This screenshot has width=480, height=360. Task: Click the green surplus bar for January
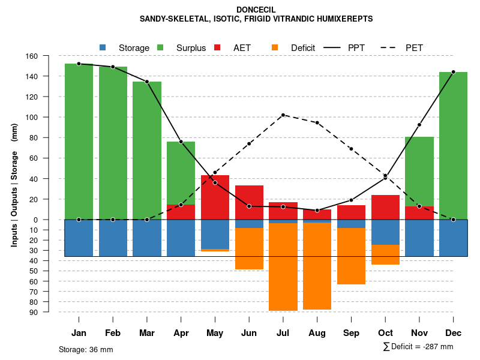click(79, 142)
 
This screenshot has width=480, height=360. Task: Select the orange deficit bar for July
click(283, 267)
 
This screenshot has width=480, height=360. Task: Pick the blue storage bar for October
click(385, 232)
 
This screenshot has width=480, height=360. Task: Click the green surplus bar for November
click(419, 172)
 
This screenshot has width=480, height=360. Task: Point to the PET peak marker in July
click(283, 115)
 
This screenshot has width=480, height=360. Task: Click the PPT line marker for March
click(147, 82)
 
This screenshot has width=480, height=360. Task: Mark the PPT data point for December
click(453, 72)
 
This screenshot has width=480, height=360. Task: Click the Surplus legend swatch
click(161, 47)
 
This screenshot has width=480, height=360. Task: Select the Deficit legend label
click(303, 47)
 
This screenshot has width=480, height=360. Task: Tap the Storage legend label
click(134, 47)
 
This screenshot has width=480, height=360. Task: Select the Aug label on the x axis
click(317, 333)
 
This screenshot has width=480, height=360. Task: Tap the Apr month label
click(181, 333)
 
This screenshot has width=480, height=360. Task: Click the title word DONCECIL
click(256, 10)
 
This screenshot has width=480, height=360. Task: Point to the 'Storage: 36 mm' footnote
click(86, 349)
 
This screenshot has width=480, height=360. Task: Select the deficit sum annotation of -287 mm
click(418, 346)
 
